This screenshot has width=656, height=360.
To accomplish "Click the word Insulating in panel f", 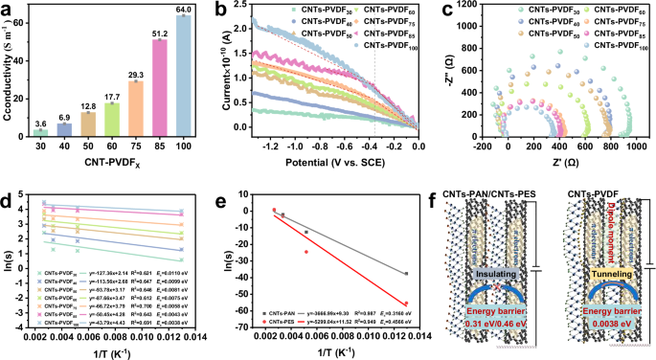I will coord(497,273).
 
